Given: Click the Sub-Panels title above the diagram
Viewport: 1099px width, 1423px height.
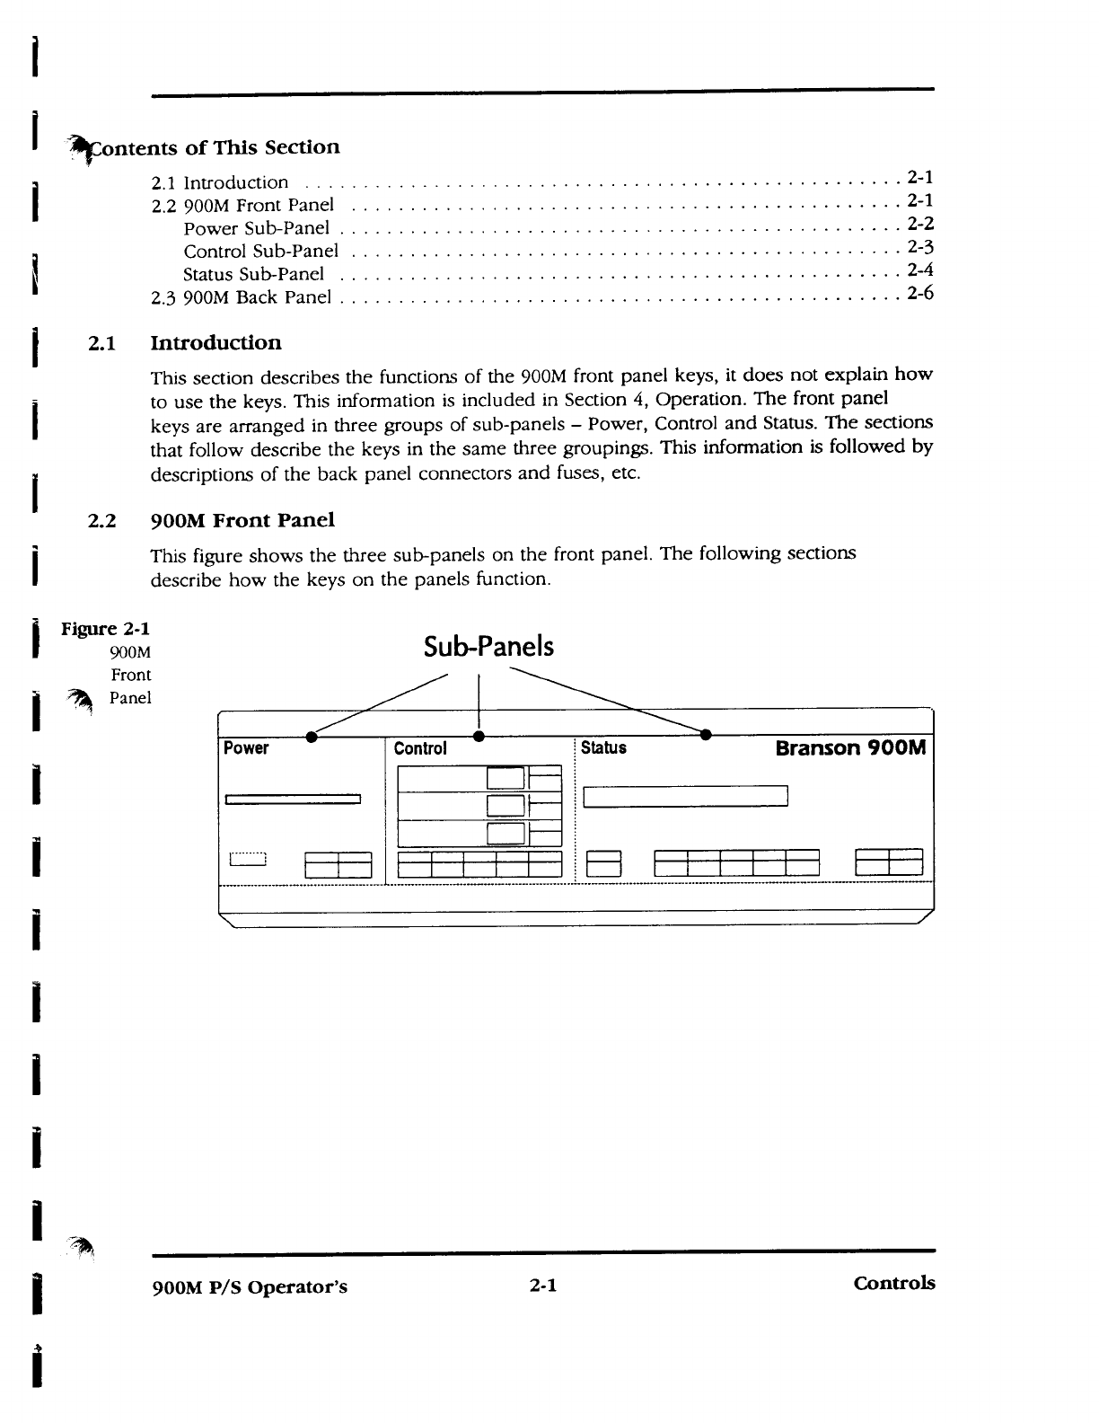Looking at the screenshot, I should point(488,648).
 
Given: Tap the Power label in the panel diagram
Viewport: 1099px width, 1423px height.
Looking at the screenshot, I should point(246,748).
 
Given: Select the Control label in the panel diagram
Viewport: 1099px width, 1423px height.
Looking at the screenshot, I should point(420,748).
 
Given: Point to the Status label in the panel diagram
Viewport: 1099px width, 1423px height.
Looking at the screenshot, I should point(603,747).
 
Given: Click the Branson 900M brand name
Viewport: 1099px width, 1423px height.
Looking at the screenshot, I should point(850,747).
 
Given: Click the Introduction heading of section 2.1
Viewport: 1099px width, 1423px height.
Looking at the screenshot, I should point(215,343).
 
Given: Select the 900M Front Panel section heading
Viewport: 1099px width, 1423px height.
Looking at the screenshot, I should point(242,521).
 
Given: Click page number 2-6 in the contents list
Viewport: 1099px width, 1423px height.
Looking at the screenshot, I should point(920,293).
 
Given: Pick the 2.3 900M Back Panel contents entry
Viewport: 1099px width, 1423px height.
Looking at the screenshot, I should point(242,297).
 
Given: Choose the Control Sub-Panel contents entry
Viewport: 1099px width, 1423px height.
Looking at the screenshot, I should point(260,251).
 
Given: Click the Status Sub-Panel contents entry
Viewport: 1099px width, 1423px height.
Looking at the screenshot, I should point(253,274).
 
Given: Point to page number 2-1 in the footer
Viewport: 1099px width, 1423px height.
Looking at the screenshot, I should point(543,1286).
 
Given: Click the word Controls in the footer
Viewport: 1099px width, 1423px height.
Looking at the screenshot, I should point(893,1283).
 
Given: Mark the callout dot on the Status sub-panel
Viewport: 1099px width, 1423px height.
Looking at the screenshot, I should point(706,737).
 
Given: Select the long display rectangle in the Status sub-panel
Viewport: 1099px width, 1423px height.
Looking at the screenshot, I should point(685,797).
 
